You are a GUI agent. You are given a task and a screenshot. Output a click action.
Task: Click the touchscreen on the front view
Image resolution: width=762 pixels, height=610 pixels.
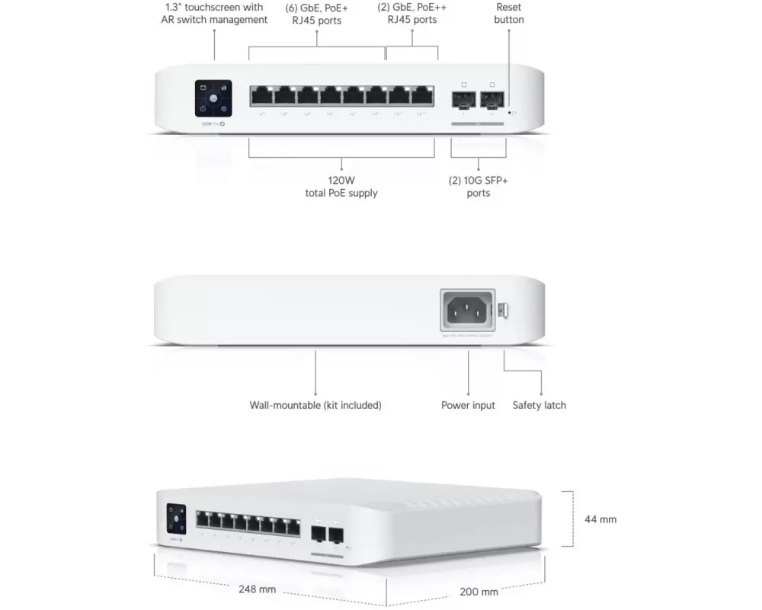[x=214, y=99]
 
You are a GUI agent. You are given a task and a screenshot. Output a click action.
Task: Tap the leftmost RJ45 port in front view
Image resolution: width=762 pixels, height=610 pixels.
[x=261, y=96]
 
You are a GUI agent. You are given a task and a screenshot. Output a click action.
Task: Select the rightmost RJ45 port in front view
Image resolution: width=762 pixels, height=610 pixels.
[x=421, y=96]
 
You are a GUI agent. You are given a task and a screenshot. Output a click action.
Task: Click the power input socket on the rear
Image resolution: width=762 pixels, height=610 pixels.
[x=468, y=310]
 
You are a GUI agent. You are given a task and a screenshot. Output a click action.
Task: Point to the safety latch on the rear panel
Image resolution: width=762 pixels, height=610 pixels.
[x=504, y=311]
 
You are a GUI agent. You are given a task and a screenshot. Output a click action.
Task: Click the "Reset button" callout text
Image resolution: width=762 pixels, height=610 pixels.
[x=508, y=14]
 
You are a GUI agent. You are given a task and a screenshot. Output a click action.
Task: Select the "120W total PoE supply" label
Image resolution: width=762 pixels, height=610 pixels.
[x=341, y=187]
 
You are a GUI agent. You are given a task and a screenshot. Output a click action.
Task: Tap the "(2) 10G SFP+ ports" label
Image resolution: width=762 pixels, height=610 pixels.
[x=479, y=187]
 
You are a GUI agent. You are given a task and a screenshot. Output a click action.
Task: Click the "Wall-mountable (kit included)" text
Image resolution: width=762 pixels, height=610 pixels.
[x=315, y=405]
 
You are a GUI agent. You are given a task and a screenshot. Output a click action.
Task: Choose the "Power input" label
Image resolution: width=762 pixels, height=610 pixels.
[x=468, y=405]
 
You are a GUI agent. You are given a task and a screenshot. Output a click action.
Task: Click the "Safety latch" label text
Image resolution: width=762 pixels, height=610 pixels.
[x=539, y=405]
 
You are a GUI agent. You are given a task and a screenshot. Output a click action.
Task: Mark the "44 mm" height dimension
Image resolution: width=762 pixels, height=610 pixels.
[x=600, y=519]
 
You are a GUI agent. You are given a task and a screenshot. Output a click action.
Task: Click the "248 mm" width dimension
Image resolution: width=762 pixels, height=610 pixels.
[x=257, y=589]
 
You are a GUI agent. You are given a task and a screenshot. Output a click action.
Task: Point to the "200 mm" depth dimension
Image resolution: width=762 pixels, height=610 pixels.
[x=479, y=592]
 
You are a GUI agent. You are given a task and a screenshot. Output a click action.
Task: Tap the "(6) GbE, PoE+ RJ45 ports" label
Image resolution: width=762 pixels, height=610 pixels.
[x=318, y=14]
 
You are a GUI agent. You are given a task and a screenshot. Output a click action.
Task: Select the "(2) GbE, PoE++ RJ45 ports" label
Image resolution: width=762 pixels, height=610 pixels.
[x=412, y=14]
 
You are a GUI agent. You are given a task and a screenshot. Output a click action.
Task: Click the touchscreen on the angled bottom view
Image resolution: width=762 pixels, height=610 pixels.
[x=176, y=518]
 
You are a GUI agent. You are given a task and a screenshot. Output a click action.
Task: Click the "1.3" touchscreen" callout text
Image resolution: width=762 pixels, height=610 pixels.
[x=214, y=14]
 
